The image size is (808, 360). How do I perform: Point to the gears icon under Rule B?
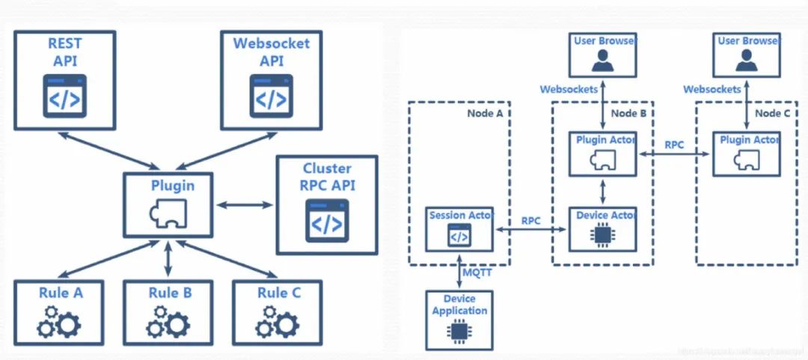click(x=168, y=322)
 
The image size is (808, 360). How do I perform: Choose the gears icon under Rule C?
click(x=278, y=322)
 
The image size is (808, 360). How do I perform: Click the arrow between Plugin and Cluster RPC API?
click(x=245, y=204)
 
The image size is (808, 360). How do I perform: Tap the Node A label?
click(x=484, y=113)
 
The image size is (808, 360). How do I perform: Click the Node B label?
click(x=628, y=113)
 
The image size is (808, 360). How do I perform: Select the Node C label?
click(x=771, y=113)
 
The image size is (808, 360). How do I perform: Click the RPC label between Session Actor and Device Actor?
click(x=531, y=221)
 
